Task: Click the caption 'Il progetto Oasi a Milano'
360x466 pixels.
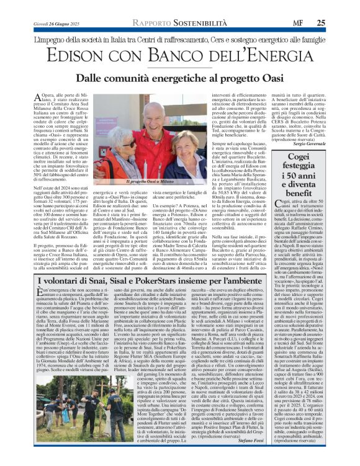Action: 150,182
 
